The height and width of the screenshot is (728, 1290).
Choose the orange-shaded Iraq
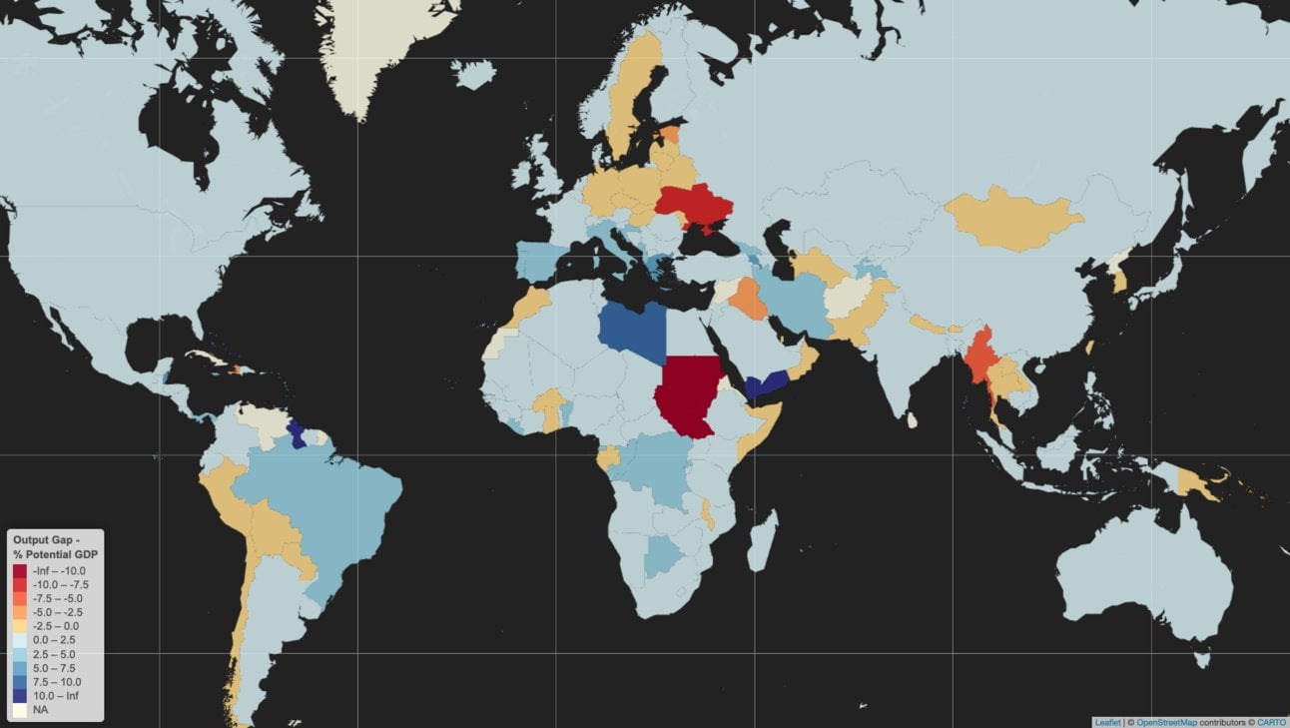(x=747, y=298)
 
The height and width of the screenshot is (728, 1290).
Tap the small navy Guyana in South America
(x=297, y=434)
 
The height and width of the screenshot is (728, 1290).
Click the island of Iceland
(x=473, y=73)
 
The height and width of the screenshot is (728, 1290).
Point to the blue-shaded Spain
(x=536, y=262)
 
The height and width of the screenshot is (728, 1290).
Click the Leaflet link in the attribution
(x=1106, y=722)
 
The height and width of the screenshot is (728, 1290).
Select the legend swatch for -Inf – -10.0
(x=21, y=570)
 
